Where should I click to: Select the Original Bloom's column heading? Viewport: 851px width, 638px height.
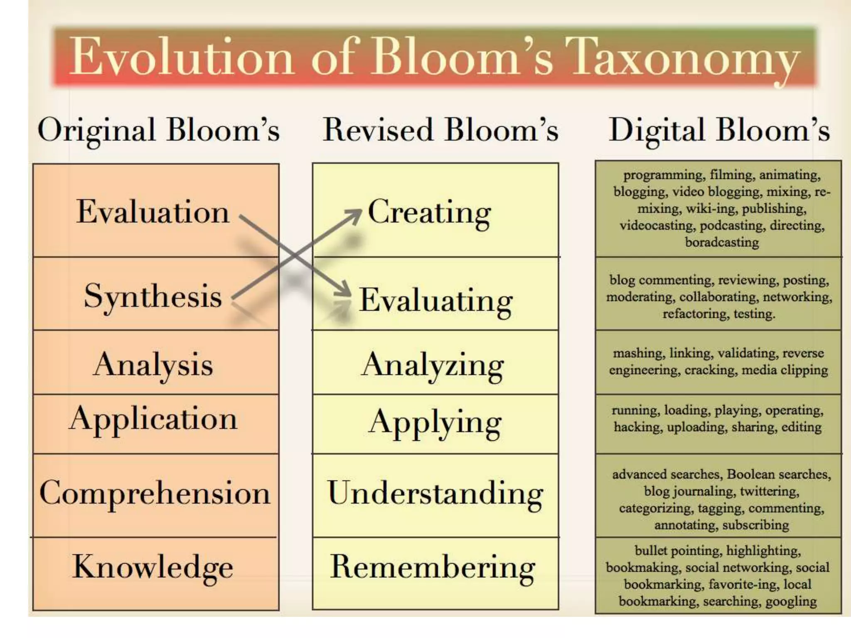click(158, 130)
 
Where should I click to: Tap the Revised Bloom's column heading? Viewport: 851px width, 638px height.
click(440, 130)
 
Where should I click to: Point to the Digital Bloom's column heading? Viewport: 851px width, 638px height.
click(719, 130)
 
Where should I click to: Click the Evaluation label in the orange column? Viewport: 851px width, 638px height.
click(153, 212)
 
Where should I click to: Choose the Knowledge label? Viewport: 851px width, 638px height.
click(153, 567)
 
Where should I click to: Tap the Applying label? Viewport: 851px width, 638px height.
click(435, 423)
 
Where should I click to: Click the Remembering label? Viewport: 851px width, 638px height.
click(433, 567)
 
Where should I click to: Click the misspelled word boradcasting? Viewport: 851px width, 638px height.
click(722, 242)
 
